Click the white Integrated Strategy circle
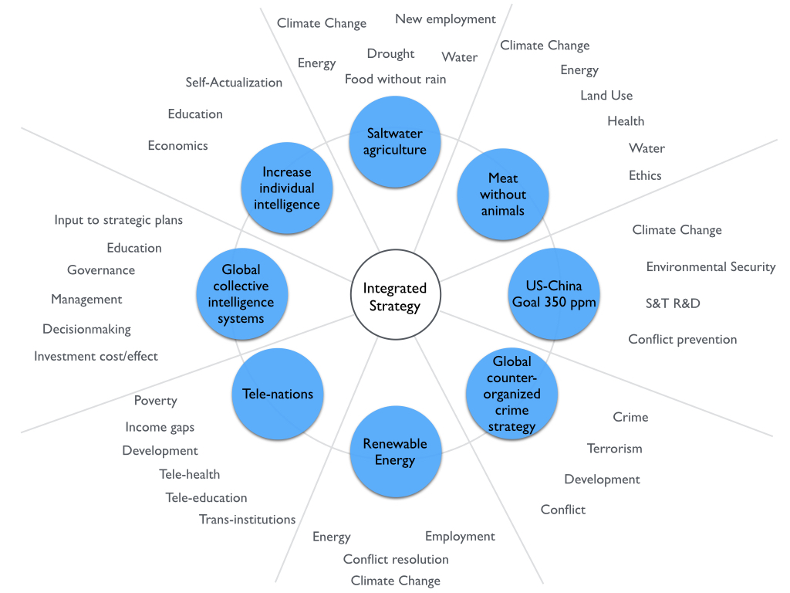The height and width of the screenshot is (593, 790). (x=395, y=296)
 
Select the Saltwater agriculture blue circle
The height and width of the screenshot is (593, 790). (x=395, y=141)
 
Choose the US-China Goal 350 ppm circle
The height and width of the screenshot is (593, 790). (x=554, y=294)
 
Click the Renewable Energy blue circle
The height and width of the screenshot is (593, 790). (x=395, y=452)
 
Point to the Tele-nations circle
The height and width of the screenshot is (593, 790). (x=278, y=394)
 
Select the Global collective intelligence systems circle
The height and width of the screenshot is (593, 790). (x=241, y=294)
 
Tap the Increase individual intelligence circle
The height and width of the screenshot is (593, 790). (x=286, y=188)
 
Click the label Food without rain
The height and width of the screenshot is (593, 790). (x=395, y=80)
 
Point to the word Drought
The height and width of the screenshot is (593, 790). (x=390, y=54)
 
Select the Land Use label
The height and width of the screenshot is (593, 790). (x=606, y=96)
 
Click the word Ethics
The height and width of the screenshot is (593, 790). (x=645, y=175)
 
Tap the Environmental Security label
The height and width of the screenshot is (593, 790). (x=711, y=267)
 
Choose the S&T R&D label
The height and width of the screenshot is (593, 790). (x=673, y=303)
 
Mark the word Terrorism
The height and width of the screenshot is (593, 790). (x=614, y=449)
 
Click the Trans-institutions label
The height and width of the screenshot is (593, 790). (x=247, y=520)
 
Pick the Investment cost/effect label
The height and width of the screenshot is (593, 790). (x=96, y=357)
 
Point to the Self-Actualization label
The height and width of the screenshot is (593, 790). (x=234, y=83)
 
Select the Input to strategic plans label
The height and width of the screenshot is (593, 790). (x=119, y=220)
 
